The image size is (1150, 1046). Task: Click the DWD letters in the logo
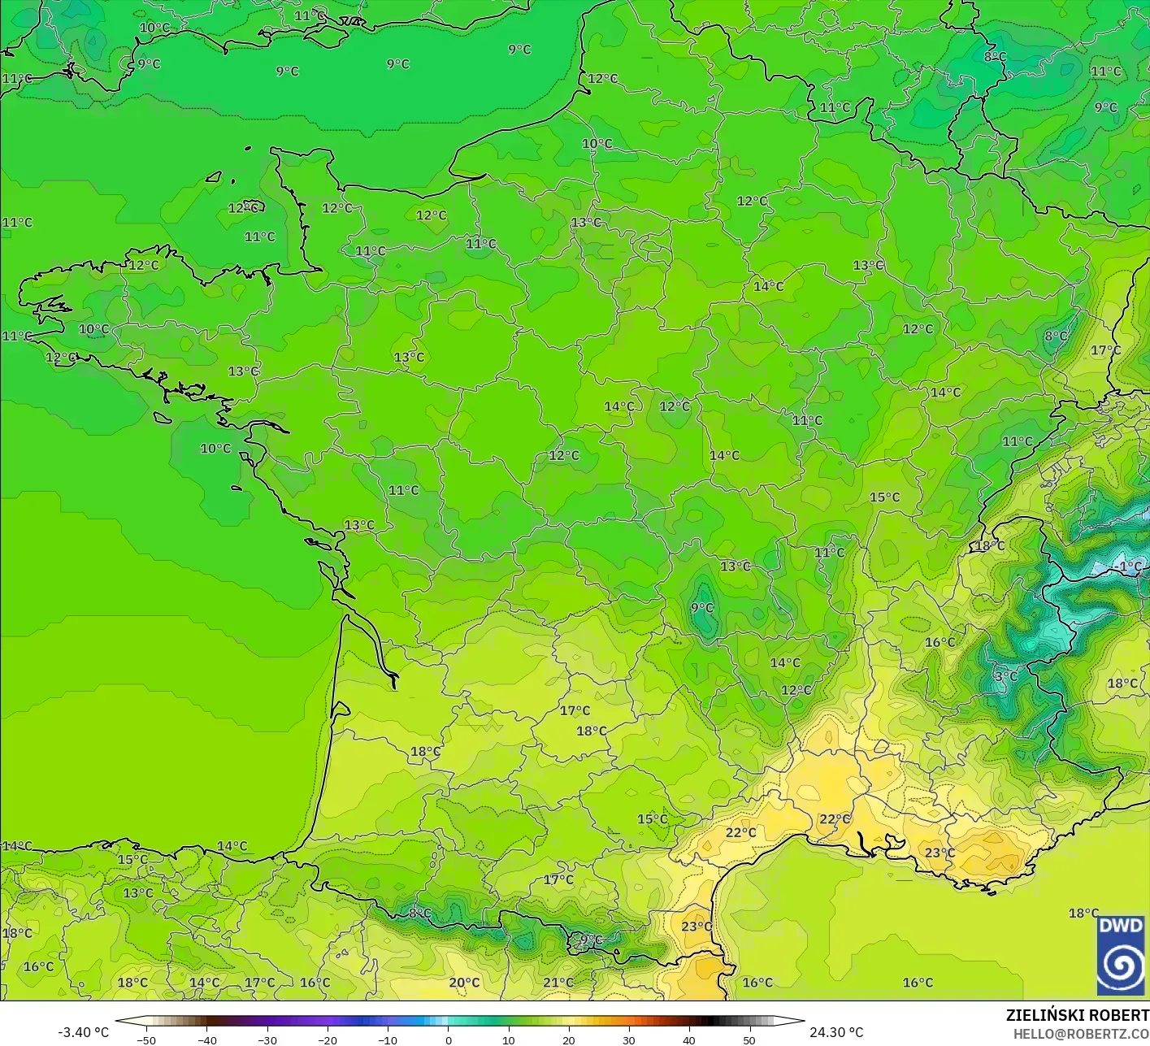(x=1121, y=927)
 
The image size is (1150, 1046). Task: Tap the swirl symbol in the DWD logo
(x=1121, y=966)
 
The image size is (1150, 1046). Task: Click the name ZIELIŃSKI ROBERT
(x=1077, y=1015)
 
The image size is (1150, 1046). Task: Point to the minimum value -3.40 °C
(x=83, y=1032)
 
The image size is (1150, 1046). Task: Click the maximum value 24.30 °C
(x=836, y=1032)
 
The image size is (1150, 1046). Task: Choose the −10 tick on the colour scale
(x=388, y=1039)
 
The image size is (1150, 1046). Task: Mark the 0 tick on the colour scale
(x=449, y=1039)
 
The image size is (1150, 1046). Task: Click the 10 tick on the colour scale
(x=509, y=1039)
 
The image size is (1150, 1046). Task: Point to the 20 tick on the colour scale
(x=569, y=1039)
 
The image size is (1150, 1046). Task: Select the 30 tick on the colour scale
(x=629, y=1039)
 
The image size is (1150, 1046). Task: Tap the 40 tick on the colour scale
(x=689, y=1039)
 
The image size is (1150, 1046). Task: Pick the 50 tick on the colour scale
(x=749, y=1039)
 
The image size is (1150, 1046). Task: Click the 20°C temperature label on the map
(x=464, y=983)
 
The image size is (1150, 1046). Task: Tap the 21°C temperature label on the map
(x=558, y=983)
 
